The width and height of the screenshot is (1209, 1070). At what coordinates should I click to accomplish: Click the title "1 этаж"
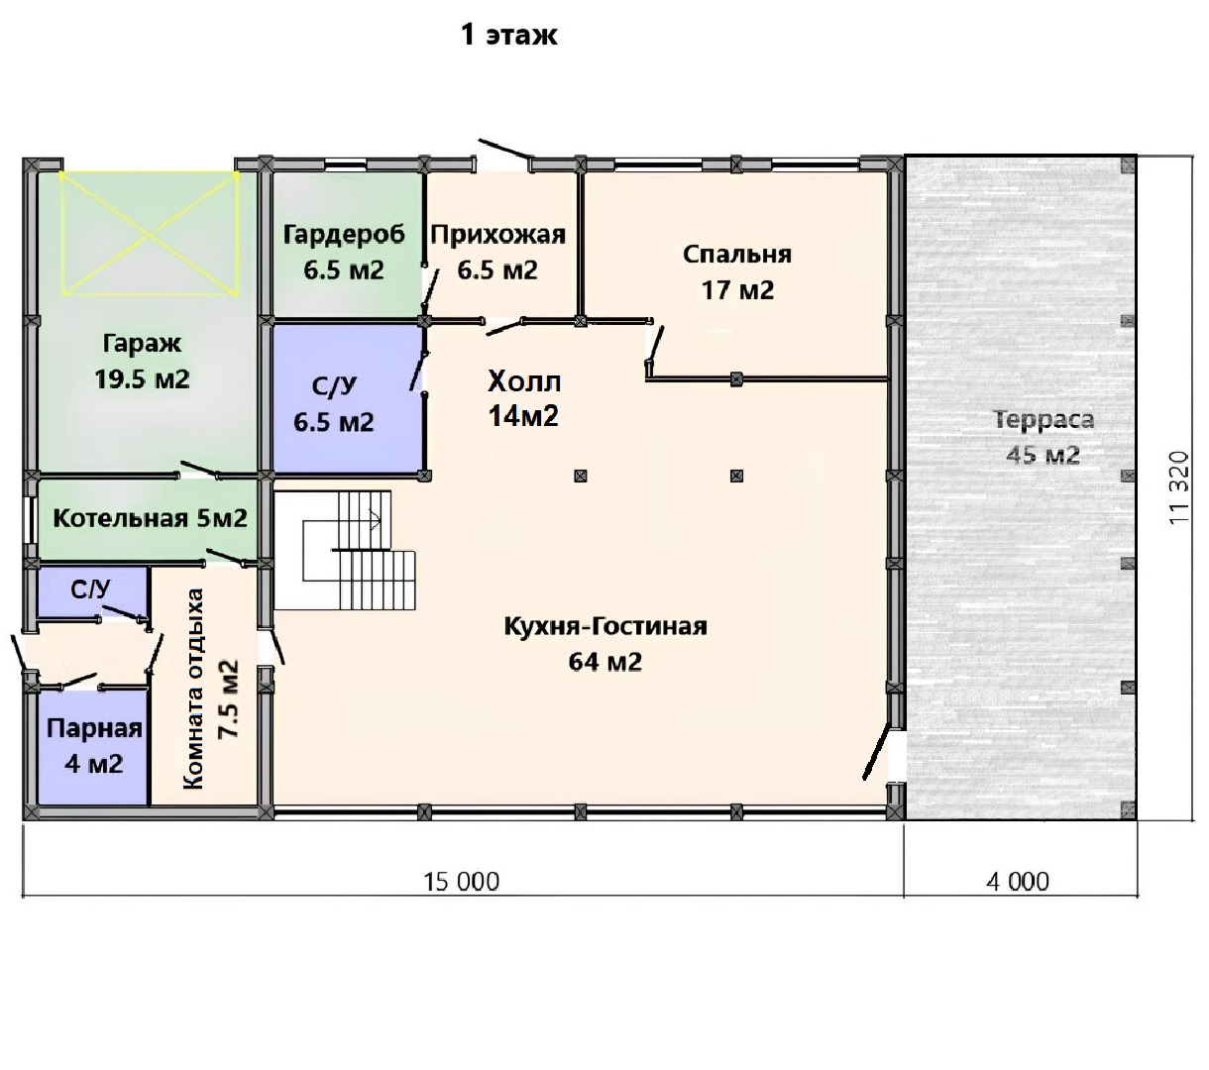point(509,35)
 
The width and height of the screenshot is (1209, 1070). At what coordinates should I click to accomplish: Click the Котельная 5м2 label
point(150,518)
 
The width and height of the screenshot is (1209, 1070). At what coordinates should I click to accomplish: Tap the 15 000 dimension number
point(461,882)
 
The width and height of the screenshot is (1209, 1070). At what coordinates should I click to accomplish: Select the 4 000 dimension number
point(1018,882)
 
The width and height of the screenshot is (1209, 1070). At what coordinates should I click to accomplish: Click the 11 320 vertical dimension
point(1179,488)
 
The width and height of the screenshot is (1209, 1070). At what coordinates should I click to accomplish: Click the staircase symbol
point(344,550)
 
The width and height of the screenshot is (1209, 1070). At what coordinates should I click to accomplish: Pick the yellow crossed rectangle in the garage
point(150,233)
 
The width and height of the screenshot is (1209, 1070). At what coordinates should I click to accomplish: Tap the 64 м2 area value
point(605,662)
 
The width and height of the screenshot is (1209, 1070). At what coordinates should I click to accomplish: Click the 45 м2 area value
point(1044,456)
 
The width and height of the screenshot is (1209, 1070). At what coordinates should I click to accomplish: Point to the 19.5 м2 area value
point(142,378)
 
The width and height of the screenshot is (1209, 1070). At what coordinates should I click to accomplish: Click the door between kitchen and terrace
point(876,751)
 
